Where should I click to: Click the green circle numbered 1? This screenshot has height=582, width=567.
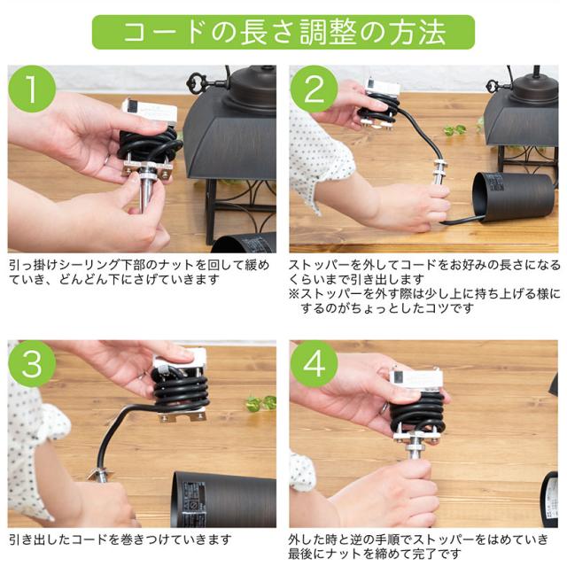tap(32, 89)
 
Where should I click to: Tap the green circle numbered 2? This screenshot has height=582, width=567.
tap(315, 89)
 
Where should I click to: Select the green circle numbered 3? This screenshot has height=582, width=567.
tap(32, 364)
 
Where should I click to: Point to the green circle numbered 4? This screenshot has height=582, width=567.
tap(315, 364)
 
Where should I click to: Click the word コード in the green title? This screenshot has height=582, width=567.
tap(164, 32)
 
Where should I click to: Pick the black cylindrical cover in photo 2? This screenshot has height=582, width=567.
tap(514, 198)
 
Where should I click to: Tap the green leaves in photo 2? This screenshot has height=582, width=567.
tap(454, 129)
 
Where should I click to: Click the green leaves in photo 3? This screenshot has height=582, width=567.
tap(261, 403)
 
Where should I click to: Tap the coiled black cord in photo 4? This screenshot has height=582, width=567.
tap(418, 413)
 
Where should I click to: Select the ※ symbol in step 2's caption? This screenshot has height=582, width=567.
tap(294, 293)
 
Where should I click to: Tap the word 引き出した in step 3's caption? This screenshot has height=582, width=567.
tap(40, 539)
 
